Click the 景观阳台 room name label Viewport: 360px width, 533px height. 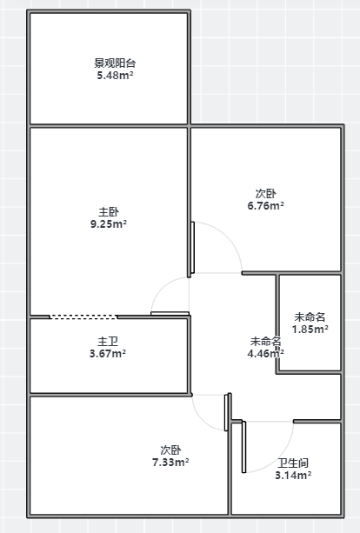point(115,63)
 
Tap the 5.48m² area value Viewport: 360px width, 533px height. point(115,75)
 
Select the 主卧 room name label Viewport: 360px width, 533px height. point(109,212)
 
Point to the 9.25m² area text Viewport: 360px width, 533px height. point(109,224)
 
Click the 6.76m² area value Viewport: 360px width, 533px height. point(266,206)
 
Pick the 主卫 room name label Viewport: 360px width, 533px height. point(108,342)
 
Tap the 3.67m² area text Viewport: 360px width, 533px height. point(108,354)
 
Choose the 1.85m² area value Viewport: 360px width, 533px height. point(310,329)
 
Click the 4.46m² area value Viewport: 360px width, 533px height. point(266,354)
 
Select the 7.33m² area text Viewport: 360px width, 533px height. point(170,463)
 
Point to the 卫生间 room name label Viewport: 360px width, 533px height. point(293,463)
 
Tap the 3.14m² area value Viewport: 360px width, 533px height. point(293,476)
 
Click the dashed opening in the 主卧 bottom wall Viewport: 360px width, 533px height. point(83,316)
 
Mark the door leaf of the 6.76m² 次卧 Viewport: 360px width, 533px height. point(193,248)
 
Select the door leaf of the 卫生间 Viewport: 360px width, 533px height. point(243,447)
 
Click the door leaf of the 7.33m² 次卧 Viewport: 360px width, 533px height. point(226,413)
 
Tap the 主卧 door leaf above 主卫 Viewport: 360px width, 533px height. point(170,313)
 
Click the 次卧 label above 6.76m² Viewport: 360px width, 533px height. point(266,193)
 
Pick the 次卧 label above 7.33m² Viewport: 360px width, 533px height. point(170,450)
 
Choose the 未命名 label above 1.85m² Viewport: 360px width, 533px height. point(310,316)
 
